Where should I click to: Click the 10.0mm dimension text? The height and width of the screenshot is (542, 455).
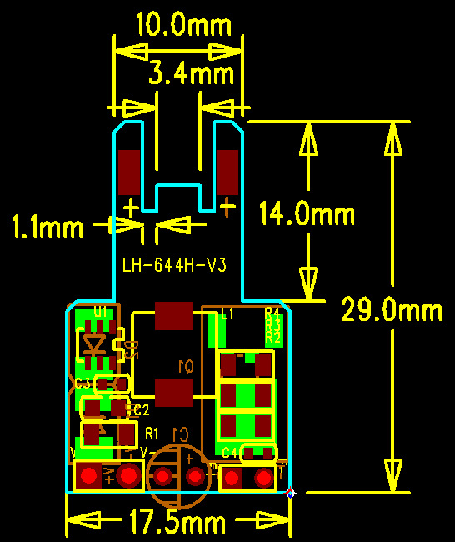[178, 26]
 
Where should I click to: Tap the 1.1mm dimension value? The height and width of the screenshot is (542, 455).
[47, 227]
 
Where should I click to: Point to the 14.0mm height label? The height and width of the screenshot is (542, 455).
[307, 214]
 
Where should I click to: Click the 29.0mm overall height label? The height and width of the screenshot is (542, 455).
[391, 311]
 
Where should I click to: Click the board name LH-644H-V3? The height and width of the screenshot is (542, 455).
[175, 265]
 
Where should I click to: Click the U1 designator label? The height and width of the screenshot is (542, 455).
[101, 312]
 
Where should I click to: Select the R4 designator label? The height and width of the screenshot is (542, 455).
[272, 314]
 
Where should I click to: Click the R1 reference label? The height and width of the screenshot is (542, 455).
[152, 434]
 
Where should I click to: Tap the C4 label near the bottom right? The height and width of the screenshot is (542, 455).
[231, 453]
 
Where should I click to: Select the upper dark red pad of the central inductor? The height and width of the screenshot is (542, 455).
[174, 316]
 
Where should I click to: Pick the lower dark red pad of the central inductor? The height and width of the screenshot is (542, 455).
[174, 391]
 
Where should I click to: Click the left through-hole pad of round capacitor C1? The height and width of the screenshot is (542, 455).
[163, 476]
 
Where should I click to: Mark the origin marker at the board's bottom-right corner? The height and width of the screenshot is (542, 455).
[291, 494]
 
